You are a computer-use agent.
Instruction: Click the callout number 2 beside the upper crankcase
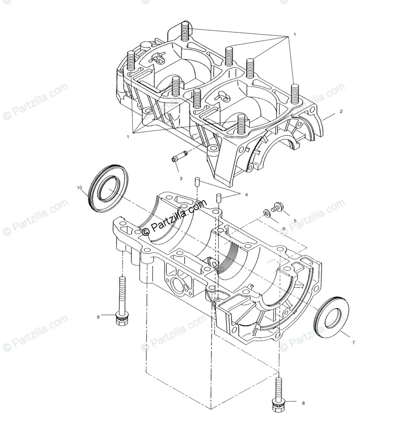pos(341,112)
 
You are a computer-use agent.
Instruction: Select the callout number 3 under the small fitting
pos(181,178)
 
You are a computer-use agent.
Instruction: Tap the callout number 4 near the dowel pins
pos(246,194)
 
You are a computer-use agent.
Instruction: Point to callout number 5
pos(295,221)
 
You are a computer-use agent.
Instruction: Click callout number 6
pos(295,229)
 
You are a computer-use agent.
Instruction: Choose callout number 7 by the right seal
pos(353,343)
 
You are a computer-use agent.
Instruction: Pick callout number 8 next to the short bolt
pos(303,403)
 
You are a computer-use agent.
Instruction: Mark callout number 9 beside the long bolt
pos(98,316)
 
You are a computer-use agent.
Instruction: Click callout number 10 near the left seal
pos(79,188)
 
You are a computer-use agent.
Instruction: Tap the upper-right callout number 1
pos(294,35)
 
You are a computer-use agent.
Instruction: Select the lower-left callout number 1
pos(128,137)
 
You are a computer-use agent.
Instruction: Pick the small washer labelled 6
pos(267,213)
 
